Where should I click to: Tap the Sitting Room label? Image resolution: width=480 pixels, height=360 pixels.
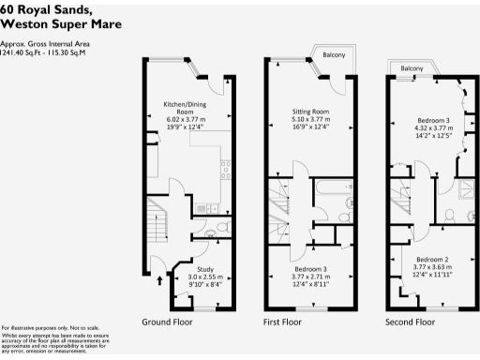(309, 111)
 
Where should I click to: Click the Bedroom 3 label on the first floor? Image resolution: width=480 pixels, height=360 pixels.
(309, 270)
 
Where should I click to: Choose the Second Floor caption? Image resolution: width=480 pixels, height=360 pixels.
(411, 322)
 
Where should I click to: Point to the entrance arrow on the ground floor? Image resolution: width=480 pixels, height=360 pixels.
(157, 278)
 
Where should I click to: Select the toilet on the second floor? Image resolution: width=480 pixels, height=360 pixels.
(450, 217)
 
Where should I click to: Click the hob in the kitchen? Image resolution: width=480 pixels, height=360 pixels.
(224, 170)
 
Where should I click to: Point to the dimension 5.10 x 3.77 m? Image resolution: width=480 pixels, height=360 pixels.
(309, 119)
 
